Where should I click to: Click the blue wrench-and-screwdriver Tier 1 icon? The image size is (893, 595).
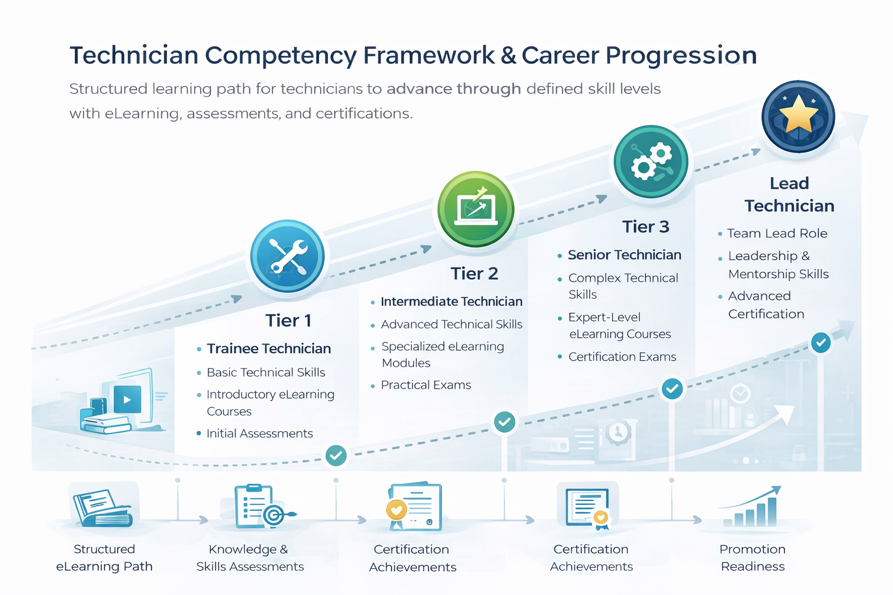[287, 256]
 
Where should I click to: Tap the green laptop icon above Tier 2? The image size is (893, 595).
[476, 209]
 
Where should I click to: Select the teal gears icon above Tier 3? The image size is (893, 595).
[651, 162]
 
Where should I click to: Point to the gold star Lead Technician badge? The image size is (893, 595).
[798, 116]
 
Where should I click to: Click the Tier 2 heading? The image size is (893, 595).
[474, 274]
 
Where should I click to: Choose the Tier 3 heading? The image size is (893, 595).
[645, 227]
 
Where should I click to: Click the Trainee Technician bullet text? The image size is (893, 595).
[269, 349]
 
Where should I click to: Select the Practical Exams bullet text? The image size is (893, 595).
[426, 385]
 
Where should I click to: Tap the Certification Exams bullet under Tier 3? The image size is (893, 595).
[622, 357]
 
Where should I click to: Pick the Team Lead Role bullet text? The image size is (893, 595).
[777, 234]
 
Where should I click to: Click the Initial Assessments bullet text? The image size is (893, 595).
[259, 433]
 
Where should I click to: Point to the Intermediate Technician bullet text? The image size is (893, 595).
[451, 302]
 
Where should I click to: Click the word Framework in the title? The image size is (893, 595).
[429, 56]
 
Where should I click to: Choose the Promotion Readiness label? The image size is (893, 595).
[752, 558]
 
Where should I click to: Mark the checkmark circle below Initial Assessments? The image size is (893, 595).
[336, 456]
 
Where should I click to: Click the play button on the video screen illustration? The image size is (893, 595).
[127, 400]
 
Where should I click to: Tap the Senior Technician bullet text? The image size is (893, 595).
[624, 255]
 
